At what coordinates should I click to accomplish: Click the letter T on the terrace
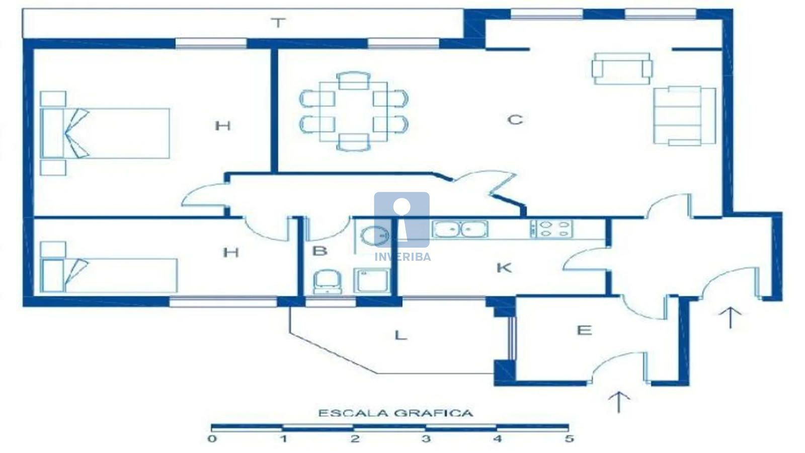(278, 23)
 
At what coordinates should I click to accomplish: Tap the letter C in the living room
(515, 119)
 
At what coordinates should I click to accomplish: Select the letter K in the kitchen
(504, 268)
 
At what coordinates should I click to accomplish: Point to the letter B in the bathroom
(319, 251)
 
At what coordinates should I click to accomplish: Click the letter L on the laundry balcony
(400, 335)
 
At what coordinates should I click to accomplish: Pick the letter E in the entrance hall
(584, 330)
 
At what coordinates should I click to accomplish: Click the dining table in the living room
(354, 111)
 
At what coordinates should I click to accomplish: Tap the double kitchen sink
(460, 229)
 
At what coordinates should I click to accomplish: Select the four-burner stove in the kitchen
(551, 229)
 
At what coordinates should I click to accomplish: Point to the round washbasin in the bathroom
(375, 236)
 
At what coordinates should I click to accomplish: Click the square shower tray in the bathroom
(372, 280)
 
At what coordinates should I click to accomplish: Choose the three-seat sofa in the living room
(685, 116)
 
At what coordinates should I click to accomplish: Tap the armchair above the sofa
(622, 68)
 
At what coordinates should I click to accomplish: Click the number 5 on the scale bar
(569, 438)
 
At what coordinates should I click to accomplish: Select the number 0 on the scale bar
(212, 438)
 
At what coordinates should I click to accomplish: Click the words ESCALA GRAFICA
(395, 413)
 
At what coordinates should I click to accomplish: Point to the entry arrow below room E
(618, 402)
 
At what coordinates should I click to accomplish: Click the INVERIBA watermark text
(403, 257)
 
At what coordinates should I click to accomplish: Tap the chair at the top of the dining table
(354, 81)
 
